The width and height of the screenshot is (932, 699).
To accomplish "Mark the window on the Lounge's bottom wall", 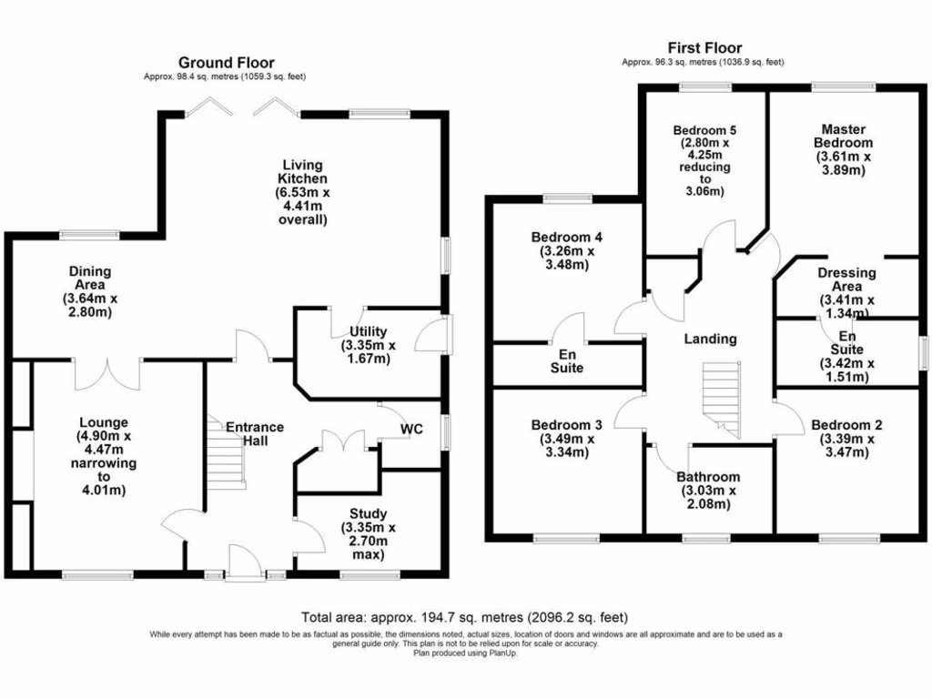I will click(x=97, y=574).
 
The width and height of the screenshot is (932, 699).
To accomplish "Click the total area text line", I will click(x=464, y=616).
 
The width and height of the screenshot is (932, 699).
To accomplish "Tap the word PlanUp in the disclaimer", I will click(x=514, y=653).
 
